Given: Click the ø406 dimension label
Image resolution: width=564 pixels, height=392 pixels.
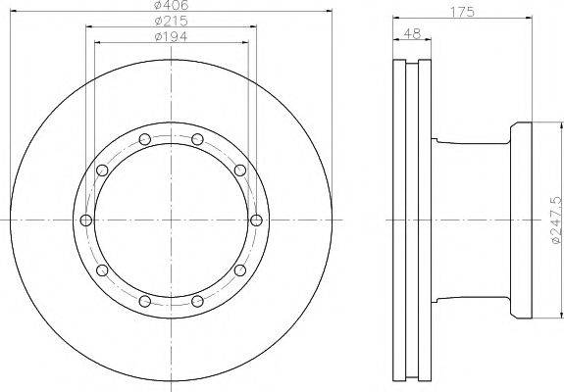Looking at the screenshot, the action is [x=171, y=5].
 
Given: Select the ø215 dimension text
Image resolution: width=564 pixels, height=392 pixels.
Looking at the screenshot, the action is [x=172, y=21].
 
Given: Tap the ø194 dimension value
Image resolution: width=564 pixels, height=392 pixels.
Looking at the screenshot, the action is [x=171, y=36].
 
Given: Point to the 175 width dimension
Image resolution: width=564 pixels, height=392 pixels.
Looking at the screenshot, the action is [x=463, y=12].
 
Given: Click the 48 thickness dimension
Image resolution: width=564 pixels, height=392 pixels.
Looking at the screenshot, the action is [x=412, y=33].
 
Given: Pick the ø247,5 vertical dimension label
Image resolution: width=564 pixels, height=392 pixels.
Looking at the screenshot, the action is [x=556, y=220].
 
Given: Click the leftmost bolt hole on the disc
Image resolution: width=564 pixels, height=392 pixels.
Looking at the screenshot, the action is [x=86, y=220].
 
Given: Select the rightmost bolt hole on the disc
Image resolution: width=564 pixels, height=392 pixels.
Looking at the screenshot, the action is [x=256, y=220].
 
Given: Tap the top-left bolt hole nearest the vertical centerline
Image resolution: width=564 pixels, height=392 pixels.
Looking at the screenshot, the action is [x=144, y=139].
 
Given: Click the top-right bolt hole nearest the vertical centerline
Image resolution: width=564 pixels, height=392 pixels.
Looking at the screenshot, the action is [x=197, y=139].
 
